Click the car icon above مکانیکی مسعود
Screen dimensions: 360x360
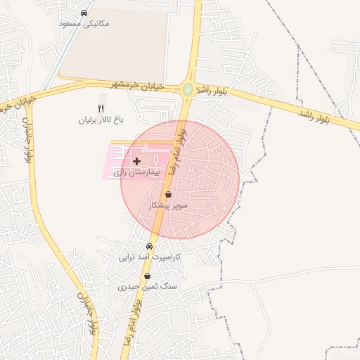pos(84,13)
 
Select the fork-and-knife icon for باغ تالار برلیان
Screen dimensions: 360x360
pos(101,108)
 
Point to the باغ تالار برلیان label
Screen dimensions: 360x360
pos(101,120)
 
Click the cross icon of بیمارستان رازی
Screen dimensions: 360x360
pos(136,161)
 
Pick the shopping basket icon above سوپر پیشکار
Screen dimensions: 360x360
pos(168,194)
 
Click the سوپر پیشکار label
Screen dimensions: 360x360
pos(169,205)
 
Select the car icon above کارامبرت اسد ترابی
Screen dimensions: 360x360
pos(149,247)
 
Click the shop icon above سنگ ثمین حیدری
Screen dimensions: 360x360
pos(146,276)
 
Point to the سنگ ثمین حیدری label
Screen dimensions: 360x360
pos(148,287)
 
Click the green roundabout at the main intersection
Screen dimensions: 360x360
pos(188,89)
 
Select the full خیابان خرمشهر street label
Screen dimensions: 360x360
pos(137,85)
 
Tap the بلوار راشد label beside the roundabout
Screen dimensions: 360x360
pos(210,90)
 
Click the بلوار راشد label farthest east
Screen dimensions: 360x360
pos(314,116)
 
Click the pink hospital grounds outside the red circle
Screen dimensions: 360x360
pos(114,169)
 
